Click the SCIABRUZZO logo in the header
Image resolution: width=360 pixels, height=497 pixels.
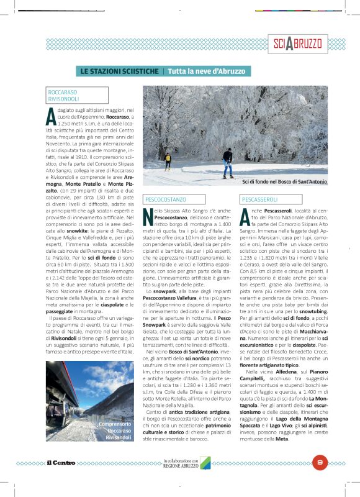tap(297, 43)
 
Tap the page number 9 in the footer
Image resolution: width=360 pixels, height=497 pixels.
tap(319, 461)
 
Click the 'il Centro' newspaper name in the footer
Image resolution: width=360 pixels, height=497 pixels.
tap(60, 462)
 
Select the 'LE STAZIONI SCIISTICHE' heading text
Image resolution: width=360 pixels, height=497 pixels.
tap(119, 71)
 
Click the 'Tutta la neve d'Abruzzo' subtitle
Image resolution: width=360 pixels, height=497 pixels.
tap(207, 71)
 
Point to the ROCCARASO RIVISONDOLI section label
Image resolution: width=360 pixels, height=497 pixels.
tap(63, 95)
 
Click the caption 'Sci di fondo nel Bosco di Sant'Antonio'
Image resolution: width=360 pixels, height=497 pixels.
tap(284, 181)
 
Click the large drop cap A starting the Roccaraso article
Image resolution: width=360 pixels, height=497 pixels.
tap(51, 116)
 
